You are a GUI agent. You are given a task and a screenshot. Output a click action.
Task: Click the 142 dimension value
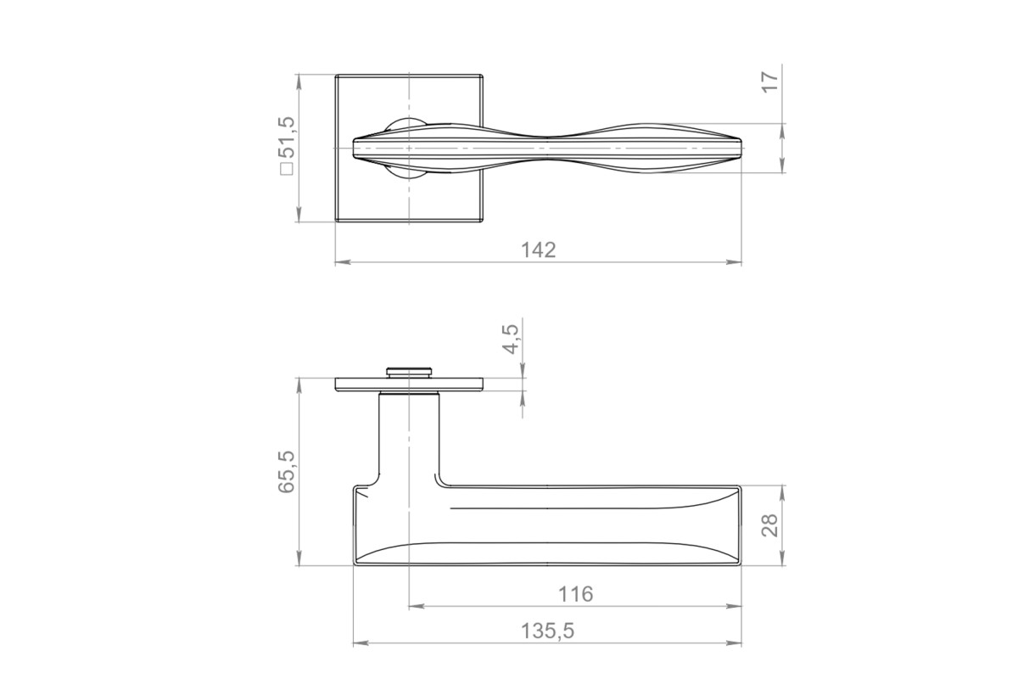538,250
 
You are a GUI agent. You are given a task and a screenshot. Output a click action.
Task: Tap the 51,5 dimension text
288,137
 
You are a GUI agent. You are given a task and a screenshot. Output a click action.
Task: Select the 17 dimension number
770,82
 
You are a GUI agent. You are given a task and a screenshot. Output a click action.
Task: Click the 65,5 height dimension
287,472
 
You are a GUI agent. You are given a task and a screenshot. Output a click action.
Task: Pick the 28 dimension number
770,525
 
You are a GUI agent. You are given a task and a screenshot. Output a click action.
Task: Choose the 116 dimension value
576,594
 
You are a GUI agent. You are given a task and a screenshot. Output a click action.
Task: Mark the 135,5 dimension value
548,631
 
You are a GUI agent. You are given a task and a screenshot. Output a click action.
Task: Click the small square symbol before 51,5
288,169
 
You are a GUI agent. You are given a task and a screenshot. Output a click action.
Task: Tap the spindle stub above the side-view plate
409,372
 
